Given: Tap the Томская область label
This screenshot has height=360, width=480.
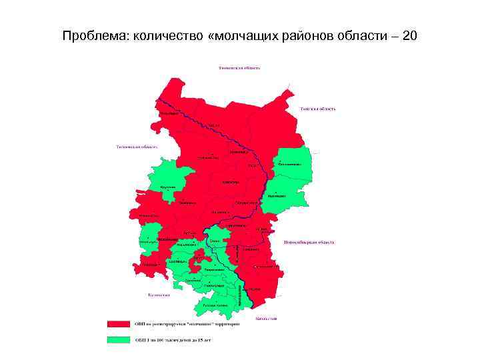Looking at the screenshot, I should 317,108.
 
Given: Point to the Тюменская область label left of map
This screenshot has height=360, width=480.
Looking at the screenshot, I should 137,146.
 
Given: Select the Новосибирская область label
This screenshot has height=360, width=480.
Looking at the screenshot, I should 316,242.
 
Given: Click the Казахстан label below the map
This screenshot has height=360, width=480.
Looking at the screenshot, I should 265,319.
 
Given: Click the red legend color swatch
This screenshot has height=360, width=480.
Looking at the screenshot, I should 118,324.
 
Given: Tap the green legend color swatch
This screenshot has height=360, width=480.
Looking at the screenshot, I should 118,339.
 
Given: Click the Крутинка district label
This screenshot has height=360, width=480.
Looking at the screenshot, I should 169,187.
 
